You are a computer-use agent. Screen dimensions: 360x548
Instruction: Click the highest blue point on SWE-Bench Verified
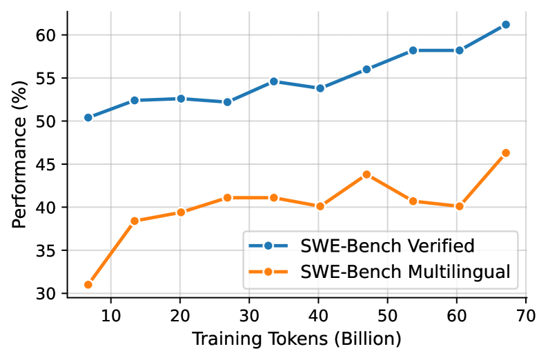[505, 24]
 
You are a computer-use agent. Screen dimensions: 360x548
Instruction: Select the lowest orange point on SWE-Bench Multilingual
[88, 284]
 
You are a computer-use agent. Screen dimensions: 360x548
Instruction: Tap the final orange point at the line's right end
[505, 152]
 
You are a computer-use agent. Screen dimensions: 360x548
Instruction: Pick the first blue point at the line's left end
[88, 117]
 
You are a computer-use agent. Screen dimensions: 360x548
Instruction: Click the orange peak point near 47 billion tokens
[366, 174]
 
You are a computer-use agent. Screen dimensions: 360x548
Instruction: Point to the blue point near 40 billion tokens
[320, 88]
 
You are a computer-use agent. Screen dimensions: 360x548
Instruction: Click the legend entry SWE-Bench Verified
[387, 246]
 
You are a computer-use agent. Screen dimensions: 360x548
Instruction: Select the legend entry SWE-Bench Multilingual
[406, 272]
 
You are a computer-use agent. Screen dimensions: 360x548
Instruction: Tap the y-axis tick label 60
[51, 35]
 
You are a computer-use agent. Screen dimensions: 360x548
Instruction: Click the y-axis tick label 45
[51, 164]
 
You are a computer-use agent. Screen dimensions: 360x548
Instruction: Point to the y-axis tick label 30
[51, 293]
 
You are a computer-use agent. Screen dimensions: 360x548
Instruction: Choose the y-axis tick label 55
[51, 78]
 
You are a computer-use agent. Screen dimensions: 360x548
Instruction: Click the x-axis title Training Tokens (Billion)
[296, 339]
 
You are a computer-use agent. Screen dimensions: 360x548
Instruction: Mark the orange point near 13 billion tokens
[135, 221]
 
